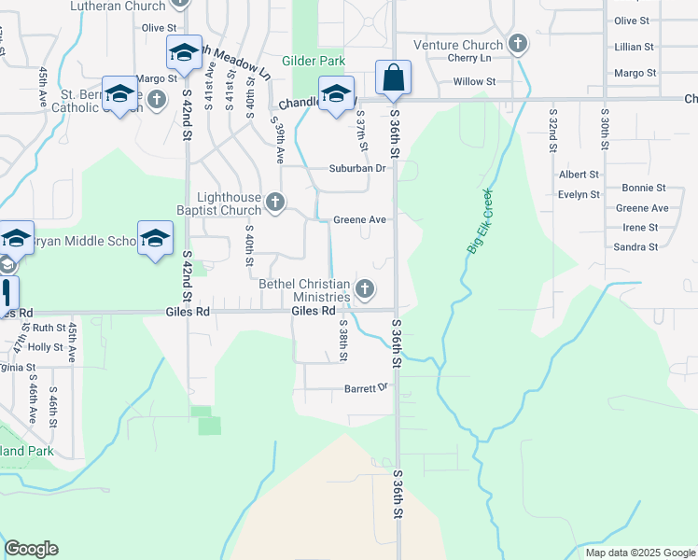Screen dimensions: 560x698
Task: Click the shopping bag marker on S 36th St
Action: (394, 77)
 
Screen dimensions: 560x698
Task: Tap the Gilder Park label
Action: (320, 61)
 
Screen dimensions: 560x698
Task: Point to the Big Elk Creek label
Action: (479, 222)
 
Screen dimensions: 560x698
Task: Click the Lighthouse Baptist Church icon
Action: (274, 202)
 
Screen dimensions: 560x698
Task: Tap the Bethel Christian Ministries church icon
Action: (366, 288)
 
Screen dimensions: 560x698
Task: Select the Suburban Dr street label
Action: (356, 168)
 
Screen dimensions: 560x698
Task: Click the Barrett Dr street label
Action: (365, 387)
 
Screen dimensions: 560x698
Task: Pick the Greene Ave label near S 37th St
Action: (359, 220)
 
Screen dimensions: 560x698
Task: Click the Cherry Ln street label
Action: (468, 58)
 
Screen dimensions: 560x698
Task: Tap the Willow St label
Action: (474, 82)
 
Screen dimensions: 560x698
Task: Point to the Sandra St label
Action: (635, 247)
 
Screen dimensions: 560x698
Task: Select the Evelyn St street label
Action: (579, 194)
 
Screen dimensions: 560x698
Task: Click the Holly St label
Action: (45, 346)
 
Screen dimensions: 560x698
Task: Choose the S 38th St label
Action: (343, 343)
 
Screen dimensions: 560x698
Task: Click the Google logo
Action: (31, 549)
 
